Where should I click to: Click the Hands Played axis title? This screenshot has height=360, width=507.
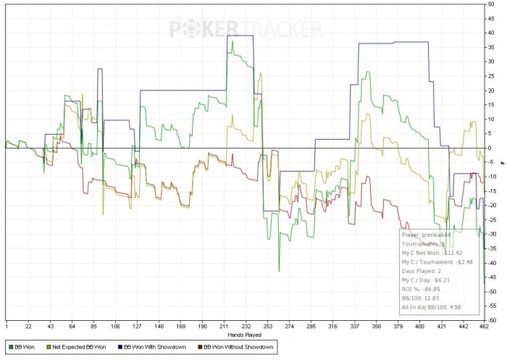click(245, 335)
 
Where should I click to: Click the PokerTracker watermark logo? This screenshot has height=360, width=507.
click(246, 30)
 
